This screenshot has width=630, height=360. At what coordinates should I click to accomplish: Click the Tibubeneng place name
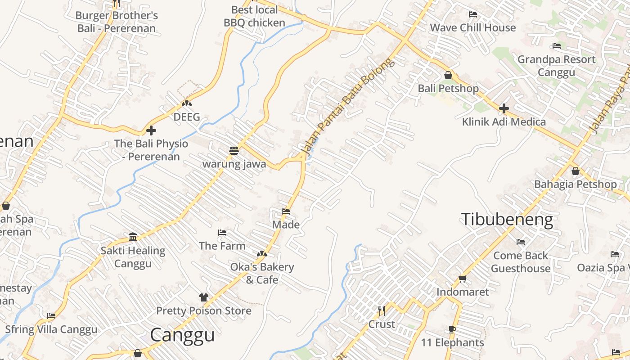[507, 220]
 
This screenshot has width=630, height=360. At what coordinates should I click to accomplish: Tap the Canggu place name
[182, 335]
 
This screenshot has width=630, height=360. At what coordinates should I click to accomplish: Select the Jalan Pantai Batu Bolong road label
[347, 108]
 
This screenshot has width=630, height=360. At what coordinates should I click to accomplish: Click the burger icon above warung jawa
[234, 151]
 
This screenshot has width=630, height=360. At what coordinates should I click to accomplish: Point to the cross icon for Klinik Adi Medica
[504, 108]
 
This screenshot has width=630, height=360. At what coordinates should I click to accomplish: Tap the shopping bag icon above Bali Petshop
[448, 75]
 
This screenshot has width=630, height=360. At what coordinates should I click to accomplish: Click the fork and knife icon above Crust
[382, 311]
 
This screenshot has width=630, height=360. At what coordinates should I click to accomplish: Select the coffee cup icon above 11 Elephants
[452, 330]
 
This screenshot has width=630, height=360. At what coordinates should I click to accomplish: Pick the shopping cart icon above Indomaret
[462, 279]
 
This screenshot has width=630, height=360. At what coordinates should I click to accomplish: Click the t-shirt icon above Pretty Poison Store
[204, 297]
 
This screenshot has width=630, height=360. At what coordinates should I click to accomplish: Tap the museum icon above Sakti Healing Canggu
[133, 237]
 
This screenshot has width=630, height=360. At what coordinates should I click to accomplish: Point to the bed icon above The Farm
[222, 233]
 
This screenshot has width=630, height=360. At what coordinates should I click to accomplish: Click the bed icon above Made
[286, 211]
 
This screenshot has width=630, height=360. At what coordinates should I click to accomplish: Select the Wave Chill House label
[472, 27]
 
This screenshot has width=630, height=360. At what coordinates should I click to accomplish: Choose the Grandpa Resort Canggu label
[556, 66]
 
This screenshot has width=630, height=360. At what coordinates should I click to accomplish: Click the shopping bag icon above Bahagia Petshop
[575, 171]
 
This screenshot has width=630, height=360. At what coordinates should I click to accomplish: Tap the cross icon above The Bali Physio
[151, 130]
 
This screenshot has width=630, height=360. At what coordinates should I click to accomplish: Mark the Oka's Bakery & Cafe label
[262, 273]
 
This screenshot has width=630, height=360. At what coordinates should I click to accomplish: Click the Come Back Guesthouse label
[521, 262]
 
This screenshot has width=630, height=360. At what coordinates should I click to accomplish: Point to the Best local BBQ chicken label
[254, 16]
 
